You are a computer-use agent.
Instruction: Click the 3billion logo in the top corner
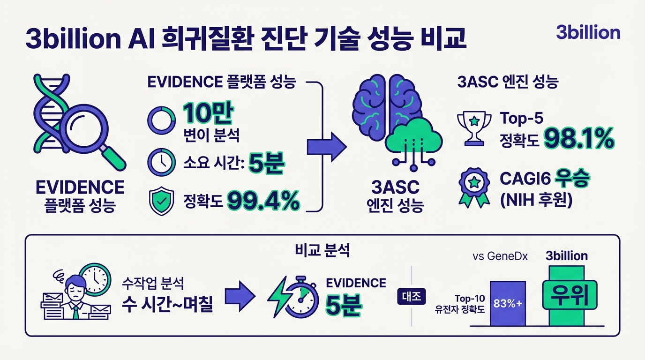pos(588,32)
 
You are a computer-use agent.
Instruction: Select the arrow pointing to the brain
pos(326,148)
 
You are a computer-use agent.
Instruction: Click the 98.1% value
pos(578,138)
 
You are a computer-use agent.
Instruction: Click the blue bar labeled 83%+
pos(507,303)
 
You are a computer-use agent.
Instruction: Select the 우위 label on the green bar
pos(566,294)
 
